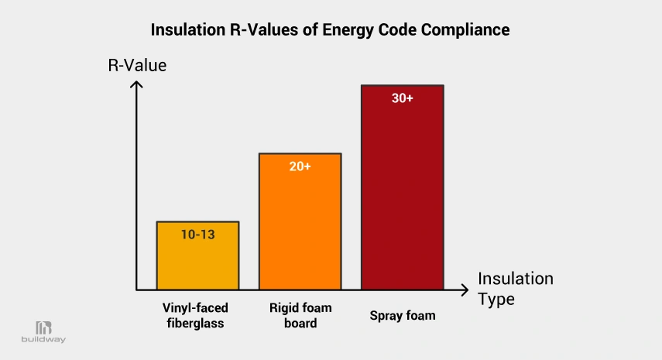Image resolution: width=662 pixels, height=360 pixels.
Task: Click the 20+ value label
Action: [x=300, y=166]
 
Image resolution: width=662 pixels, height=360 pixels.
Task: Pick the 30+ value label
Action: [x=402, y=98]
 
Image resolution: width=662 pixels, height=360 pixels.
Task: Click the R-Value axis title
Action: [x=137, y=66]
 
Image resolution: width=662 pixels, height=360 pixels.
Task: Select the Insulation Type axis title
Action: [x=515, y=288]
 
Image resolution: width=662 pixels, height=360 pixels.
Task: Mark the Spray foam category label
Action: [x=402, y=315]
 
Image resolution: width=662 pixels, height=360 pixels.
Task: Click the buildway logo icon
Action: [x=43, y=327]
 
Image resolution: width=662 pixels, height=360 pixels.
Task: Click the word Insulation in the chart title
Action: [x=183, y=30]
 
